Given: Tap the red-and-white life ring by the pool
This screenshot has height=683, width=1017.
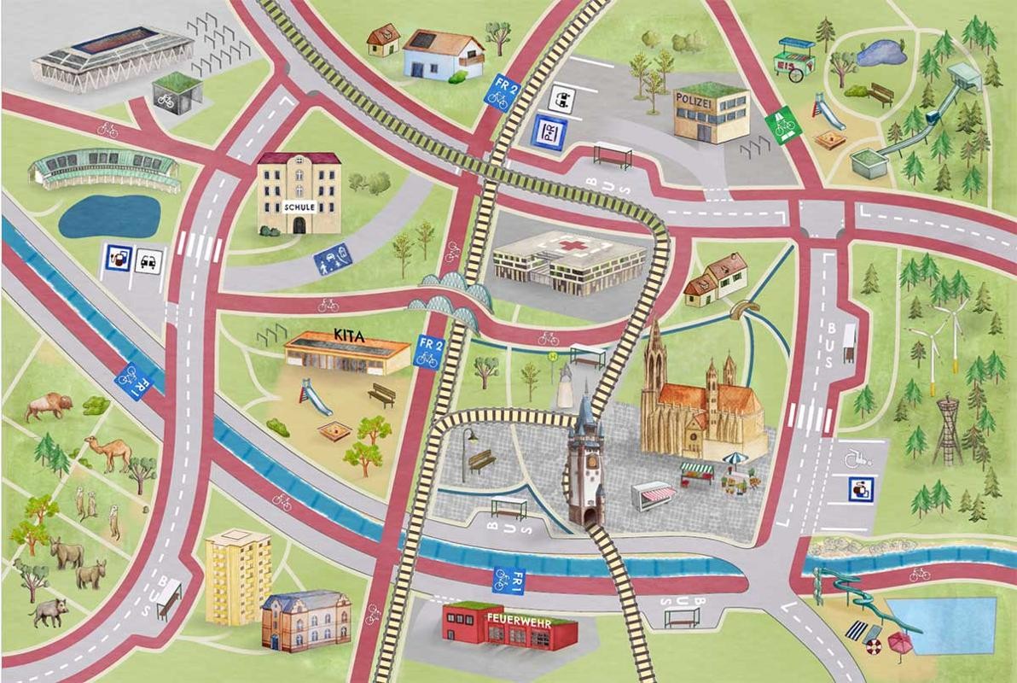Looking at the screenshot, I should [x=871, y=647].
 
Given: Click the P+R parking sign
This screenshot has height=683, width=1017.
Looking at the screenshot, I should [x=548, y=133].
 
